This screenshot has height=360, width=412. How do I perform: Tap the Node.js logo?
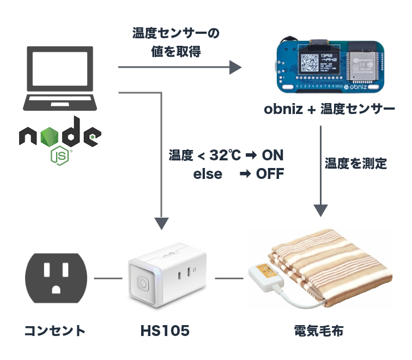tap(60, 140)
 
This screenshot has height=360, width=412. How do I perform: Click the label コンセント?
tap(55, 330)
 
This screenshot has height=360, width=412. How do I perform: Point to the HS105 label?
tap(165, 331)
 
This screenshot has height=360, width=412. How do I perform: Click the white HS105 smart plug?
tap(166, 275)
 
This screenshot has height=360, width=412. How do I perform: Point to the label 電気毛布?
tap(319, 331)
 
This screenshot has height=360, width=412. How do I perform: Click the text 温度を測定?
tap(356, 163)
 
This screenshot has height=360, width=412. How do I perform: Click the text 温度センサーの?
tap(175, 33)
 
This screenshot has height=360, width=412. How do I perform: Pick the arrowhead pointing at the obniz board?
tap(235, 67)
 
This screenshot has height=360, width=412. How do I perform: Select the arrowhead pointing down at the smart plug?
tap(162, 224)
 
